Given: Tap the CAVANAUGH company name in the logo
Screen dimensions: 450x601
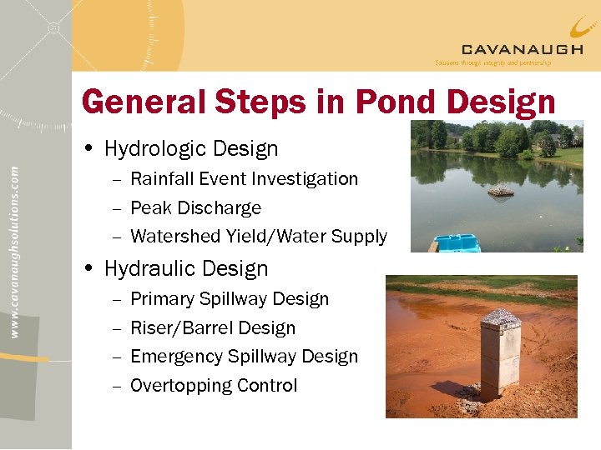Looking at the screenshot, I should [522, 49].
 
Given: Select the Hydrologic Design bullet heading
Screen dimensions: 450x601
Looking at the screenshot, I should [191, 149].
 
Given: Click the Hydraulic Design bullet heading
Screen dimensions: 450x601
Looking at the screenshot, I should [186, 269].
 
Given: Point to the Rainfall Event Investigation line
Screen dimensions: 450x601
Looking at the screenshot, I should [244, 179].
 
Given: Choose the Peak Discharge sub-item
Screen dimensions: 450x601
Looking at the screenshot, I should [195, 208].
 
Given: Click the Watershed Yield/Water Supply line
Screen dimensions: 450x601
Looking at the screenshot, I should [259, 237].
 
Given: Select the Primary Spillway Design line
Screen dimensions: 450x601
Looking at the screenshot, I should [230, 299].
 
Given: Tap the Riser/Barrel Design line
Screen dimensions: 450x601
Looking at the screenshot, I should [213, 328].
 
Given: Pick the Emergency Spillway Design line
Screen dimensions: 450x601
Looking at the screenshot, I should [244, 357].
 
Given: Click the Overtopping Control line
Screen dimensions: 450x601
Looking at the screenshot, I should [214, 386].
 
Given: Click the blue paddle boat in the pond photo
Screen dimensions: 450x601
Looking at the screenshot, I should [457, 242].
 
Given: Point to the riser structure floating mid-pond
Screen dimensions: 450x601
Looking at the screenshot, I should [501, 191].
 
